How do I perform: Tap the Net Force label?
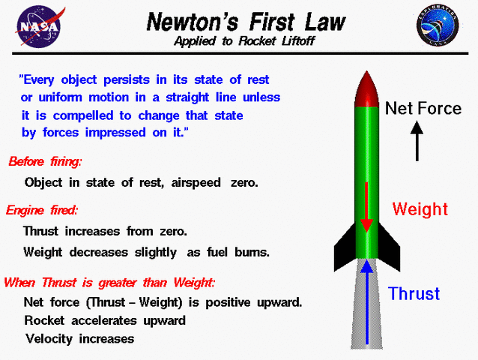click(x=423, y=109)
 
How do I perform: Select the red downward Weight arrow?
click(x=366, y=206)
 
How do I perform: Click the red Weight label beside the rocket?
click(x=420, y=208)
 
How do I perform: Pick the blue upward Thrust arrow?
click(x=366, y=300)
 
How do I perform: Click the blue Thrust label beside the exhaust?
click(x=414, y=293)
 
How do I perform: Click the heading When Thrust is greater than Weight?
click(x=109, y=283)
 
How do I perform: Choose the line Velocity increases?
click(x=79, y=338)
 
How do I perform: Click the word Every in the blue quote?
click(x=43, y=79)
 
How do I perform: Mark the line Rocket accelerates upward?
click(x=105, y=320)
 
